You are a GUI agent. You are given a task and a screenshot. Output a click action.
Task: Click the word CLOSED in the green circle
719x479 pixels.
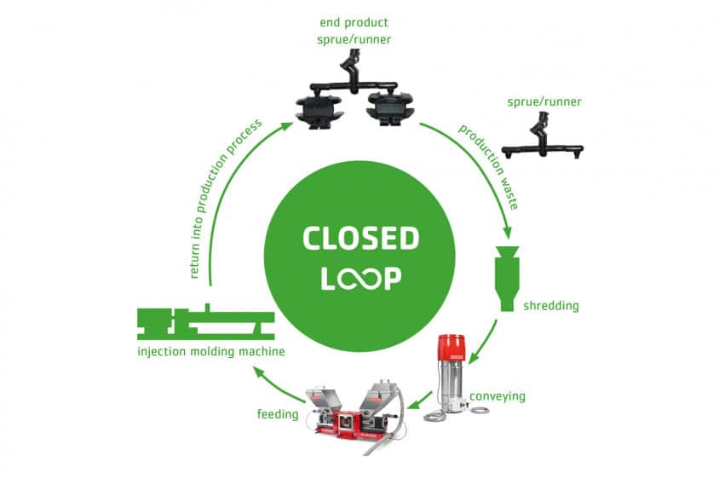point(359,239)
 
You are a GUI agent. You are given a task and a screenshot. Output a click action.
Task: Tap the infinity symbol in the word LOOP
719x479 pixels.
point(360,279)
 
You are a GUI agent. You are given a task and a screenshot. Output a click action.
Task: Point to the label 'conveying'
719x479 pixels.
point(497,395)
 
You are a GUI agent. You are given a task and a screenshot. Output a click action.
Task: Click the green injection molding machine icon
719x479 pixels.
point(205,323)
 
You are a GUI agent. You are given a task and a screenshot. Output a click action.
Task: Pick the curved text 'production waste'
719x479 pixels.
point(489,167)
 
